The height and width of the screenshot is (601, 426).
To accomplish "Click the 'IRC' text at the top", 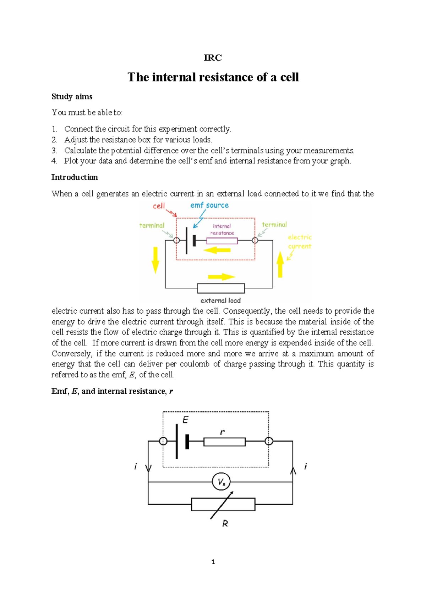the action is click(213, 58).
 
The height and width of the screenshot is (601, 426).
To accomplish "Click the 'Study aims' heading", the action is click(72, 97).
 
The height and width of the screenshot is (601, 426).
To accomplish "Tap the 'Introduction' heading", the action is click(75, 177).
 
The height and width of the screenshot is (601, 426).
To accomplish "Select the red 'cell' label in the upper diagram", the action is click(159, 206).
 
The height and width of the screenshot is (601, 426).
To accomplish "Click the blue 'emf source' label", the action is click(209, 205).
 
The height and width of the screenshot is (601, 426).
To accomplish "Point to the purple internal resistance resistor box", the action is click(222, 241).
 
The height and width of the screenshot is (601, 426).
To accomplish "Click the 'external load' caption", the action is click(220, 300).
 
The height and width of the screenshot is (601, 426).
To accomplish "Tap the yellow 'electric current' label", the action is click(300, 242).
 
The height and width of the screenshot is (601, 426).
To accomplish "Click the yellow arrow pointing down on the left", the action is click(155, 260).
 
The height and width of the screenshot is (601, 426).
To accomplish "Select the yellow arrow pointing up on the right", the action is click(280, 264).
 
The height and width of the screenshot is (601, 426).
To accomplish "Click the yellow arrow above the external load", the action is click(222, 277).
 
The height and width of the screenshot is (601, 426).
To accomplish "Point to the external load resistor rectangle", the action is click(221, 288).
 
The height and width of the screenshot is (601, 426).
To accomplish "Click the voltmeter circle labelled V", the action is click(221, 482).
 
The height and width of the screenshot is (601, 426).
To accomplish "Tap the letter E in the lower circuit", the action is click(185, 420).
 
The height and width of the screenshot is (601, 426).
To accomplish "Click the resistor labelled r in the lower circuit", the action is click(224, 442).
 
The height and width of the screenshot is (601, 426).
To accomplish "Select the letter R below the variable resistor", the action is click(225, 523).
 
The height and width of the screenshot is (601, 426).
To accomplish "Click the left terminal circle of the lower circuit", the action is click(163, 441).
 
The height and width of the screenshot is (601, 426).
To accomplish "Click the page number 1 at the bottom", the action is click(213, 562).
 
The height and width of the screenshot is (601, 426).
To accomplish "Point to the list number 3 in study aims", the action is click(54, 151).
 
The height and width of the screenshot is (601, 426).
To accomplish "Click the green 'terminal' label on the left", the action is click(152, 225).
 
